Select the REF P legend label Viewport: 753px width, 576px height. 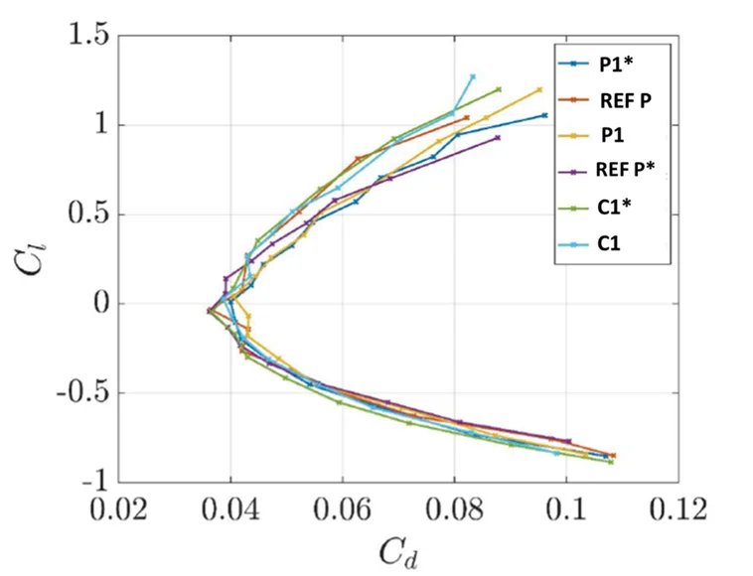pos(625,100)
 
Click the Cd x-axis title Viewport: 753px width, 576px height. pos(398,551)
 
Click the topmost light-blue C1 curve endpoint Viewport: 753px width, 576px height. pos(473,76)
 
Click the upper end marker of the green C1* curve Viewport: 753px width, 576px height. pos(499,88)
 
